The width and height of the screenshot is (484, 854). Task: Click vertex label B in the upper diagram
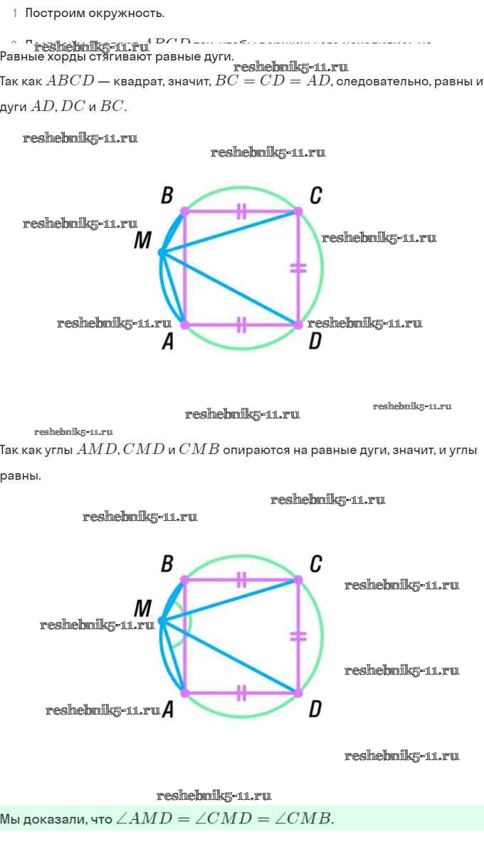[167, 195]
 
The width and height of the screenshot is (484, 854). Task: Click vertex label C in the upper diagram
[315, 195]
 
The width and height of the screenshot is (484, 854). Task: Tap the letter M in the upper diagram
[142, 242]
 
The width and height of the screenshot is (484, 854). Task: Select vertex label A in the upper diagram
[167, 342]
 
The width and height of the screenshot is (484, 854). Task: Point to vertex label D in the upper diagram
[315, 342]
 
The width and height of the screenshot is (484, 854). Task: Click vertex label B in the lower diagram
[167, 564]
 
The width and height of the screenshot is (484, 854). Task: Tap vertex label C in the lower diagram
[315, 564]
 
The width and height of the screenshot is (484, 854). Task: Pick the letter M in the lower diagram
[142, 609]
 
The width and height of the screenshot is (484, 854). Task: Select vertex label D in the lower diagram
[315, 709]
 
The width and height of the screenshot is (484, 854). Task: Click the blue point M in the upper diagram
[162, 252]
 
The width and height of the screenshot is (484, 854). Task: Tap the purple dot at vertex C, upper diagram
[298, 211]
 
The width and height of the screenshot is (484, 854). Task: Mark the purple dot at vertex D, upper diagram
[298, 325]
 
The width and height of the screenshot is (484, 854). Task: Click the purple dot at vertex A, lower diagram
[184, 692]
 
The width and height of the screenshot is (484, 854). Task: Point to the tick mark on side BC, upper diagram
[241, 211]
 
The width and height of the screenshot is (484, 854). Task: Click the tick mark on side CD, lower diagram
[298, 636]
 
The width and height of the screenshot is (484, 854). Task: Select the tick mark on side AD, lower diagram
[241, 692]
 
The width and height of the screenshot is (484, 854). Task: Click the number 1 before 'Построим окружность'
[15, 14]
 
